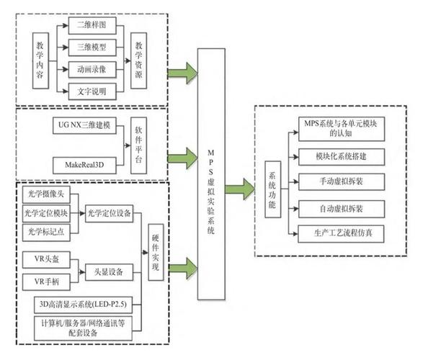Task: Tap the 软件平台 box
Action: click(139, 146)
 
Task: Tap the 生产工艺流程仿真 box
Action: click(340, 233)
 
